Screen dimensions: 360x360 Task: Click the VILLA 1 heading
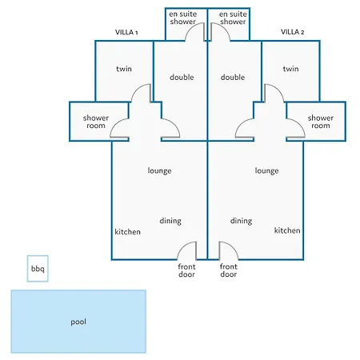tap(126, 32)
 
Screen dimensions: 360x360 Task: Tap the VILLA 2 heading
tap(292, 32)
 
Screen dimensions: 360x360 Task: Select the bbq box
tap(38, 269)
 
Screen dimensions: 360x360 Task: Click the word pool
tap(78, 322)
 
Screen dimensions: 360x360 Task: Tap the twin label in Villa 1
tap(124, 69)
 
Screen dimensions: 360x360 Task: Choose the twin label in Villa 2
tap(290, 69)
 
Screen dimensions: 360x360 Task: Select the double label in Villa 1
tap(182, 78)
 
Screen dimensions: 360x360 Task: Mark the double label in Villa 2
tap(233, 78)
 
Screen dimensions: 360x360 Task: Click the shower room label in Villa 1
tap(96, 122)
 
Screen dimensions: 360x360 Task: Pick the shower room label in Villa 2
tap(321, 122)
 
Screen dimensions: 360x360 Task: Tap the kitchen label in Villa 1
tap(127, 232)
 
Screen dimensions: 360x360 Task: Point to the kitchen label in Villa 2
tap(287, 230)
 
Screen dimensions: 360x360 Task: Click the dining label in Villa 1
tap(170, 221)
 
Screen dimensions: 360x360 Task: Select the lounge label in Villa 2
tap(266, 170)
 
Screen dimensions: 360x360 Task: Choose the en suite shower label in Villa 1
tap(183, 18)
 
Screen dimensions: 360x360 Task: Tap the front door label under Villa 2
tap(229, 270)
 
